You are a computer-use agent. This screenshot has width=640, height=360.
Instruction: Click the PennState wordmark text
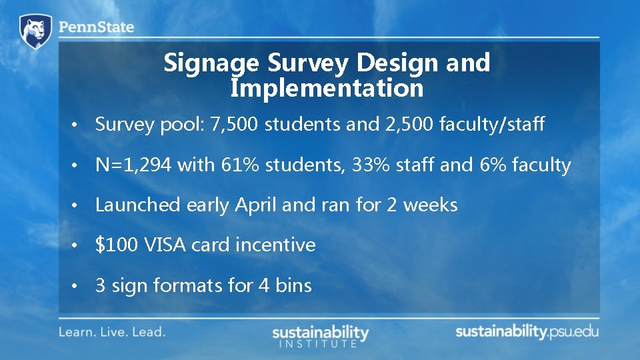click(96, 28)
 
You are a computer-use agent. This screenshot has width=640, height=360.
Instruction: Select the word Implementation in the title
click(327, 88)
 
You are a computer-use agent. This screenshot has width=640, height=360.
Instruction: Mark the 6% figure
click(492, 165)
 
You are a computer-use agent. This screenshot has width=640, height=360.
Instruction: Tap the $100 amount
click(117, 245)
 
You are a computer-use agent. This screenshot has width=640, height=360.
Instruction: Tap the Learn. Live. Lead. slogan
click(112, 331)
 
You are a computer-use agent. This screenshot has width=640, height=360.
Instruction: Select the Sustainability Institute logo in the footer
click(320, 335)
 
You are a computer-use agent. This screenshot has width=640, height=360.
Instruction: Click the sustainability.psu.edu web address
click(527, 331)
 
